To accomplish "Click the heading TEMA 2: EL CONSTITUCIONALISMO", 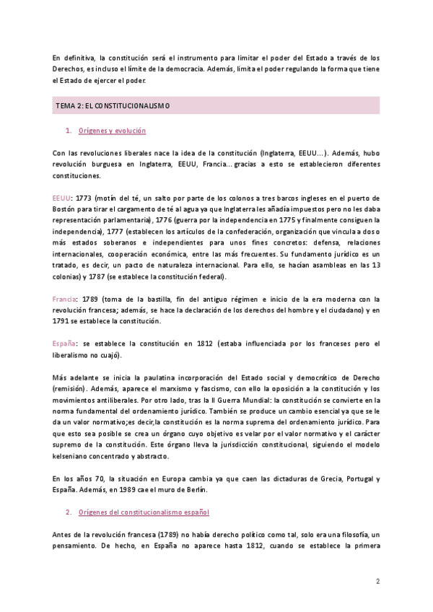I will [x=113, y=105].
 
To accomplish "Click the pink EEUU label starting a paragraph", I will [x=61, y=197].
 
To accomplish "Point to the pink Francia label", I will [x=65, y=299].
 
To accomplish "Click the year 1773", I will [x=84, y=197].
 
